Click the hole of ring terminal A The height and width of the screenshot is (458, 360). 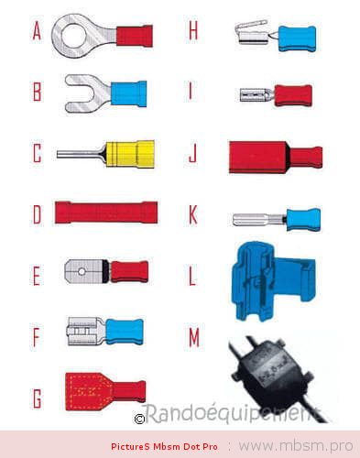pyautogui.click(x=72, y=36)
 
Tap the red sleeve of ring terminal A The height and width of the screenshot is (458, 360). pyautogui.click(x=135, y=36)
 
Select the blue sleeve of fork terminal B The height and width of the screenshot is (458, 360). pyautogui.click(x=128, y=93)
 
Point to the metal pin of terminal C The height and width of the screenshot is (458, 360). pyautogui.click(x=81, y=153)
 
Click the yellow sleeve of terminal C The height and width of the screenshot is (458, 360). pyautogui.click(x=130, y=154)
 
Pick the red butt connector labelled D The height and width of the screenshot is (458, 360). pyautogui.click(x=106, y=213)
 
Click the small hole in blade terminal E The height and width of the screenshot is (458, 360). pyautogui.click(x=82, y=271)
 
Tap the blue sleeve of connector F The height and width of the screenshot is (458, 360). pyautogui.click(x=125, y=332)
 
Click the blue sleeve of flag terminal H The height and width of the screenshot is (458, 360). pyautogui.click(x=297, y=38)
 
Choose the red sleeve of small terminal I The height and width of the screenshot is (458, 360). pyautogui.click(x=293, y=95)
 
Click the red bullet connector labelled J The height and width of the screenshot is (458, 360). pyautogui.click(x=276, y=158)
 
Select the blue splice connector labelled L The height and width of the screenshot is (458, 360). pyautogui.click(x=273, y=281)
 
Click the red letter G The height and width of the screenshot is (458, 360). pyautogui.click(x=37, y=398)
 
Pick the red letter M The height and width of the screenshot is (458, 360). pyautogui.click(x=194, y=338)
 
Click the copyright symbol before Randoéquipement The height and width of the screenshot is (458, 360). pyautogui.click(x=139, y=419)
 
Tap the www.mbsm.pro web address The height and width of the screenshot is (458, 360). pyautogui.click(x=296, y=446)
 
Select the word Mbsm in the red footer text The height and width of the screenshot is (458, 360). pyautogui.click(x=167, y=446)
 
